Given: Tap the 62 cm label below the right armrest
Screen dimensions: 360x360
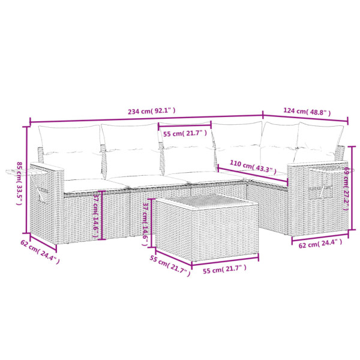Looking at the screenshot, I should [319, 243].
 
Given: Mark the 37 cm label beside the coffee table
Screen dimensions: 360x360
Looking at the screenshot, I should [146, 222].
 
